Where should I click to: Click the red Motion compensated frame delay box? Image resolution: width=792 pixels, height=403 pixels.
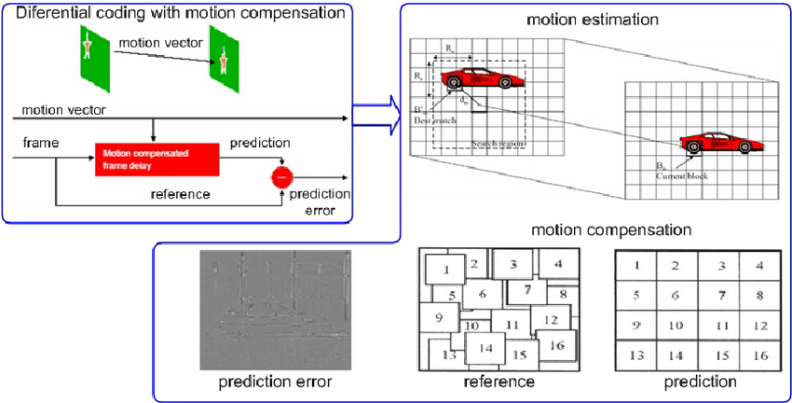157,160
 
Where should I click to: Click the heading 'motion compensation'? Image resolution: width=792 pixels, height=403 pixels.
611,229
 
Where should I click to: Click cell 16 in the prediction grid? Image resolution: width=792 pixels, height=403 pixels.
760,354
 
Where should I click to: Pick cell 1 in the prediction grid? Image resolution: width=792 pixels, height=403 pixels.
636,266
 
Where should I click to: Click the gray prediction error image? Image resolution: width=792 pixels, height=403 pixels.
274,310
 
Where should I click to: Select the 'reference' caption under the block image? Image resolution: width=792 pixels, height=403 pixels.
498,382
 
